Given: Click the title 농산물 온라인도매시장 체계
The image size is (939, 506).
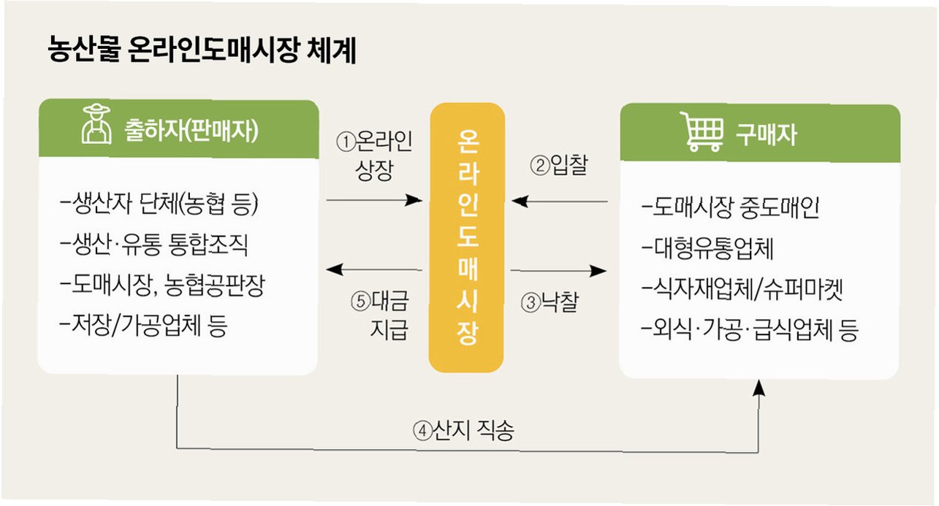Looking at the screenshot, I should pyautogui.click(x=201, y=52).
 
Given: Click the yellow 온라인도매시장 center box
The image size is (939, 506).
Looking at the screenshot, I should pyautogui.click(x=466, y=238).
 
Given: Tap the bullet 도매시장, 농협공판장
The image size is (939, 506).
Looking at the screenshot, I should pyautogui.click(x=162, y=285).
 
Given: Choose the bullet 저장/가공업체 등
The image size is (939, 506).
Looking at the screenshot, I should pyautogui.click(x=144, y=326).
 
